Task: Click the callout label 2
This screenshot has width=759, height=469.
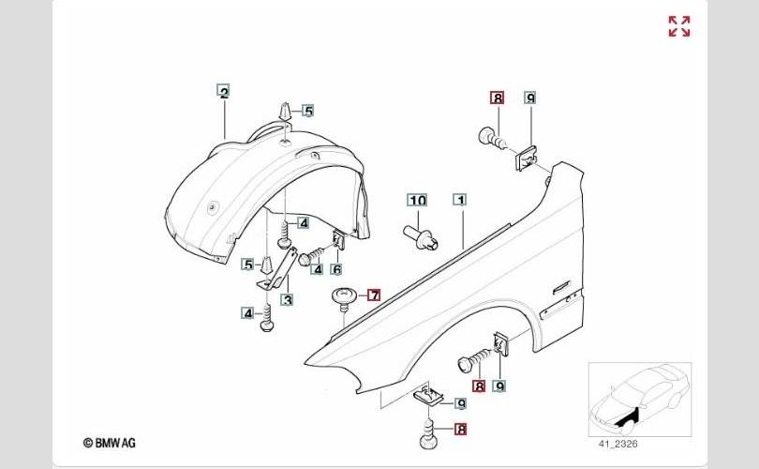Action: coord(223,92)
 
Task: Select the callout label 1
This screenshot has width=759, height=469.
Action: coord(459,200)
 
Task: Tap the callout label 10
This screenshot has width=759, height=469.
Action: coord(416,200)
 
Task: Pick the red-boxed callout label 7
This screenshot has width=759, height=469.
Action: coord(374,295)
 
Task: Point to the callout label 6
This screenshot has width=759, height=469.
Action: coord(335,269)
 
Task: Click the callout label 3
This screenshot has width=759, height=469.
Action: coord(288,299)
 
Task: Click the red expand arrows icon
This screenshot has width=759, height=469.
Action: coord(679,26)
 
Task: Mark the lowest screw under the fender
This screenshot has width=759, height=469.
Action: coord(428,437)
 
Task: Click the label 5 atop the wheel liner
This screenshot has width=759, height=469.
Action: coord(307,111)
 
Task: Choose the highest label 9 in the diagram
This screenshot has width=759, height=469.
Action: coord(529,98)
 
